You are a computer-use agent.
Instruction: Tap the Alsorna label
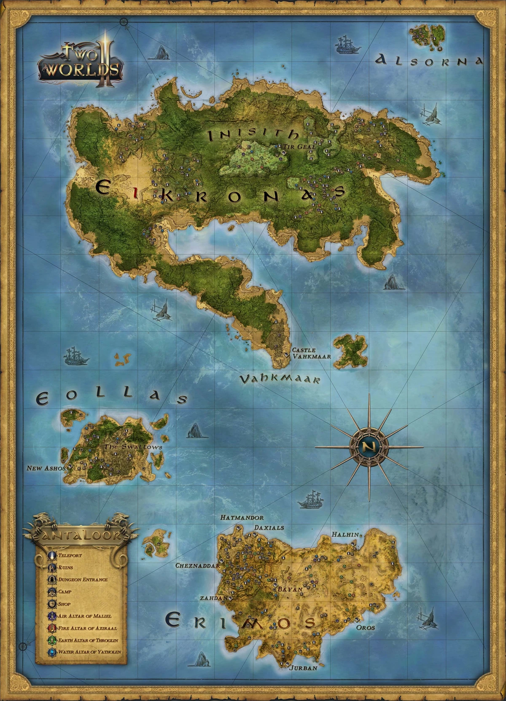click(429, 61)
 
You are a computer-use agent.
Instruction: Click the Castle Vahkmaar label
click(311, 353)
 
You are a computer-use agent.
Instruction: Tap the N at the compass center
click(369, 446)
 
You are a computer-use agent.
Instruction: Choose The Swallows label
click(133, 446)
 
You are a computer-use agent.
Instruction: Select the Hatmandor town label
click(242, 517)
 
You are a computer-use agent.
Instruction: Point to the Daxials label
click(269, 527)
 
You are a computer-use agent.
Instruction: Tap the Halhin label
click(345, 534)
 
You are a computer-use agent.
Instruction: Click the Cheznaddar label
click(197, 566)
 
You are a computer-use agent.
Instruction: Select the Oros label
click(365, 627)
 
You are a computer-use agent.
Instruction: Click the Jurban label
click(303, 668)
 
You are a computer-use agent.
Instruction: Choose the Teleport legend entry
click(70, 556)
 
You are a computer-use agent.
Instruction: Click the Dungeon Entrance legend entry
click(83, 580)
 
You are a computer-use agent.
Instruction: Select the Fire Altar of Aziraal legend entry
click(87, 628)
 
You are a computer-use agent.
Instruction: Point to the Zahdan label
click(214, 598)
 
